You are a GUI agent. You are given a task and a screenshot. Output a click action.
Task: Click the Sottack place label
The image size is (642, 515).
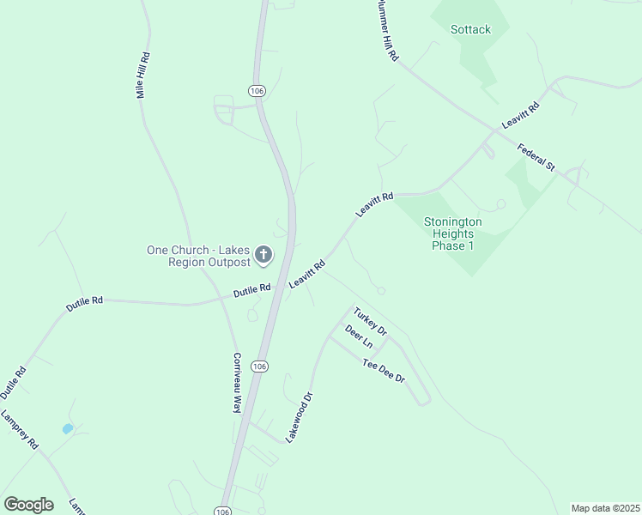point(470,29)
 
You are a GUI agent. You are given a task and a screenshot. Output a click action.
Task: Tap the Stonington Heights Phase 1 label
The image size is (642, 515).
point(452,233)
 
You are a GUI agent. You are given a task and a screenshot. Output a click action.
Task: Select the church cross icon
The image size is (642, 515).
point(263,255)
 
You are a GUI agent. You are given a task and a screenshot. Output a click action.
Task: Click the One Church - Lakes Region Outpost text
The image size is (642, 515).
point(198,256)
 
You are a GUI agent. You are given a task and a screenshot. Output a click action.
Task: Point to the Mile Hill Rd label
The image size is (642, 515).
point(144,76)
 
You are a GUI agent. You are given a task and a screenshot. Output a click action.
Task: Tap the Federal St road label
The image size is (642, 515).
point(536,157)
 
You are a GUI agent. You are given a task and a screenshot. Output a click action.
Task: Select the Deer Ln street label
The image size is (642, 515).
point(359,336)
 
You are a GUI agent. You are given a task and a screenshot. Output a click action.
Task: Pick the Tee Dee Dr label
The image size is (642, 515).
point(383,371)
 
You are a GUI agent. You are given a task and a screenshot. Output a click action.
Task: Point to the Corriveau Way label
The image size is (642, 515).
point(237,383)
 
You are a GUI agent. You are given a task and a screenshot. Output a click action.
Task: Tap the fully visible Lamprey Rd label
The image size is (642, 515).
point(20,431)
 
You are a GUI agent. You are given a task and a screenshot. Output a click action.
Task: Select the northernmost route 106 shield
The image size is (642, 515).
point(257,90)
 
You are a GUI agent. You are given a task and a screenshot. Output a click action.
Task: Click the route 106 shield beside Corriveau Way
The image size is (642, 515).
point(259,367)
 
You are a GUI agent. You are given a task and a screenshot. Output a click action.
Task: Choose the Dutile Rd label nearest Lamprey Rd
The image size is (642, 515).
point(15,383)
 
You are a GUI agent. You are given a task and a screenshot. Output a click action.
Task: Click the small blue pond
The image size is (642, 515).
point(67,428)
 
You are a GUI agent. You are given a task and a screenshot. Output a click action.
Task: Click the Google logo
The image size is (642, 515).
point(28,505)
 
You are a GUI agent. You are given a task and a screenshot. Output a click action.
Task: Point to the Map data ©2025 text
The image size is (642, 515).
point(605,508)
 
